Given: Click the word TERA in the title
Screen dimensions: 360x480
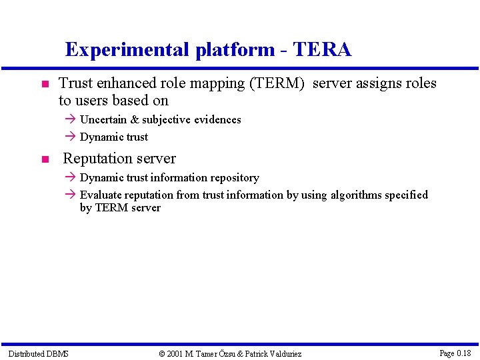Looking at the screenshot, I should (x=322, y=50).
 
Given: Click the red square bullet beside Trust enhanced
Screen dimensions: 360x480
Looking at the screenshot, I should (x=44, y=85).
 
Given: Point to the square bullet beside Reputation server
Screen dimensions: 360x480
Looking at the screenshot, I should (x=44, y=160).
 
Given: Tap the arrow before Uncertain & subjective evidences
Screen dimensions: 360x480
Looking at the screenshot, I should (x=71, y=120).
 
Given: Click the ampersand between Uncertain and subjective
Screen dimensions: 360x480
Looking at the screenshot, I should (x=134, y=120).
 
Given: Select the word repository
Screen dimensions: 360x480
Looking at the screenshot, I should (x=233, y=178).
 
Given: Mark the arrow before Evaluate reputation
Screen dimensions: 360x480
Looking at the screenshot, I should (x=71, y=195).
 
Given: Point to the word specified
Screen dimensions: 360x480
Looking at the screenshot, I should (x=407, y=195).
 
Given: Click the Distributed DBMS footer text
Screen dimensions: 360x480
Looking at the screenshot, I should (x=38, y=353).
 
